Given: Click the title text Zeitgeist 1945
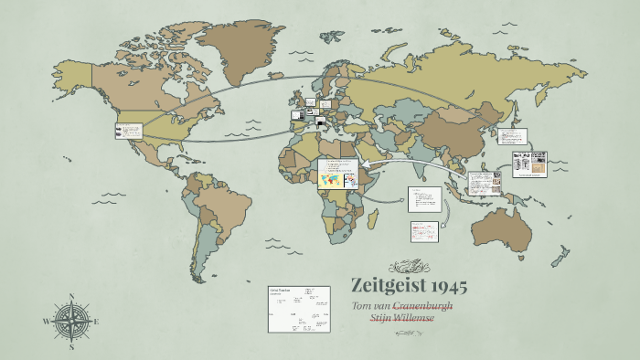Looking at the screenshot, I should coord(409,286).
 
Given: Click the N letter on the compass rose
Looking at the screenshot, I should coord(71,297).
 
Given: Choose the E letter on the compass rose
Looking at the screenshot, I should coord(97,322).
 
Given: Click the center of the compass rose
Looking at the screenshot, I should coord(71,322).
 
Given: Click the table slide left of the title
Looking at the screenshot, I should coord(298,307).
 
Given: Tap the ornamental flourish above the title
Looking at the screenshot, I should coord(409,267).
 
